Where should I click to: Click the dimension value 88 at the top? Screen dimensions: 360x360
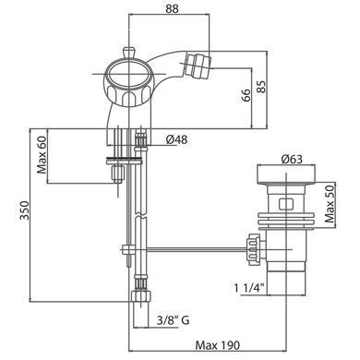(172, 8)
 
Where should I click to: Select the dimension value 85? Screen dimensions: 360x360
(261, 87)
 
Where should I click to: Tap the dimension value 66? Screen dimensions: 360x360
(246, 96)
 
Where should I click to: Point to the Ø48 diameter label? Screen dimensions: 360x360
(176, 139)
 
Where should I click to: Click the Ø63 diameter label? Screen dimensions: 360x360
(292, 159)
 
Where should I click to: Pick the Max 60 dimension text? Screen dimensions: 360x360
(42, 155)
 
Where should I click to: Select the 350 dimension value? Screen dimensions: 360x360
(25, 210)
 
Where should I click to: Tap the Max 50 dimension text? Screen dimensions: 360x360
(330, 203)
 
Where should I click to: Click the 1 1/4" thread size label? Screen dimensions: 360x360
(249, 288)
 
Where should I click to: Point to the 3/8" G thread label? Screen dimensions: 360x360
(174, 320)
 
